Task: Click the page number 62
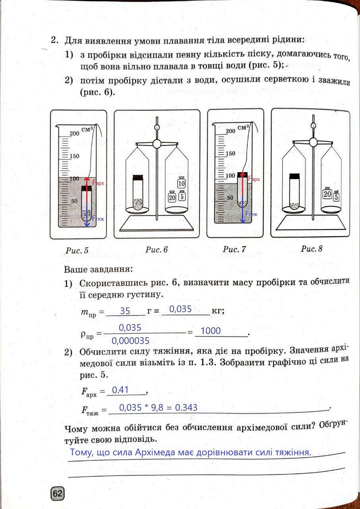coord(57,494)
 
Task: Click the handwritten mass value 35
coord(125,311)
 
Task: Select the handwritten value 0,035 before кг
coord(180,309)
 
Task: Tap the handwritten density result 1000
coord(211,331)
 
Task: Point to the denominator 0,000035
coord(130,341)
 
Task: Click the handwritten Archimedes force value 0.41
coord(120,390)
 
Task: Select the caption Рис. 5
coord(77,251)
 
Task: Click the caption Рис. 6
coord(156,250)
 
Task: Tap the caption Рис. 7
coord(234,250)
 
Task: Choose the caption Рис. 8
coord(312,249)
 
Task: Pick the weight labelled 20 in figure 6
coord(172,196)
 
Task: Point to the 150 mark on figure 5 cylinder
coord(74,156)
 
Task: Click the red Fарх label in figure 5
coord(98,183)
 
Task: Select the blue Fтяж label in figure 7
coord(251,214)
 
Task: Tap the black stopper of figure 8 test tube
coord(294,176)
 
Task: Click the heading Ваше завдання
coord(97,269)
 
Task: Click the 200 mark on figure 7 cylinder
coord(230,131)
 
